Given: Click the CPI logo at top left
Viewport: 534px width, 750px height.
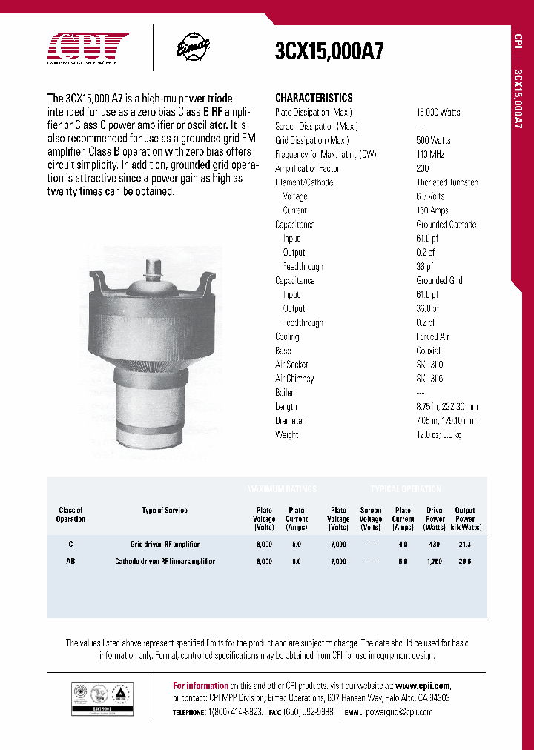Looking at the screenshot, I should pyautogui.click(x=88, y=49).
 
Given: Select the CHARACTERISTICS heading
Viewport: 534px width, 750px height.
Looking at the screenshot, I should pyautogui.click(x=314, y=98).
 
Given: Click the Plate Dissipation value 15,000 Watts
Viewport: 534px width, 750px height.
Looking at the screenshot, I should pyautogui.click(x=438, y=112).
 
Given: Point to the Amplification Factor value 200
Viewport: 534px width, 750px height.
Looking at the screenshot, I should pyautogui.click(x=423, y=168).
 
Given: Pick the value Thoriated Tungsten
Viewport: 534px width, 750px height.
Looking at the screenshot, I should pyautogui.click(x=447, y=182).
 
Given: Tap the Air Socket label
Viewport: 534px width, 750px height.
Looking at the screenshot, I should pyautogui.click(x=291, y=365).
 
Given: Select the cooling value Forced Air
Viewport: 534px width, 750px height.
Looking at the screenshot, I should pyautogui.click(x=433, y=336).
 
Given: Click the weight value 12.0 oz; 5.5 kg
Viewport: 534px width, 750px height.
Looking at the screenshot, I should pyautogui.click(x=439, y=434).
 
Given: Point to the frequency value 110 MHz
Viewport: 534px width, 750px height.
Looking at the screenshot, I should pyautogui.click(x=429, y=154).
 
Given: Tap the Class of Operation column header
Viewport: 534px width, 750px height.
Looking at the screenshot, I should pyautogui.click(x=70, y=514).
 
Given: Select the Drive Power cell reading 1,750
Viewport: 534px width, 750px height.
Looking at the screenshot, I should pyautogui.click(x=435, y=562).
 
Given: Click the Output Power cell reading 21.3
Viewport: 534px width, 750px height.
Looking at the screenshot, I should pyautogui.click(x=465, y=544).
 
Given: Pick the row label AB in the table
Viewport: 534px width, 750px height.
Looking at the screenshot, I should pyautogui.click(x=70, y=562).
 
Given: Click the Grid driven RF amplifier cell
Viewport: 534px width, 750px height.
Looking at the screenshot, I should pyautogui.click(x=165, y=544).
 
